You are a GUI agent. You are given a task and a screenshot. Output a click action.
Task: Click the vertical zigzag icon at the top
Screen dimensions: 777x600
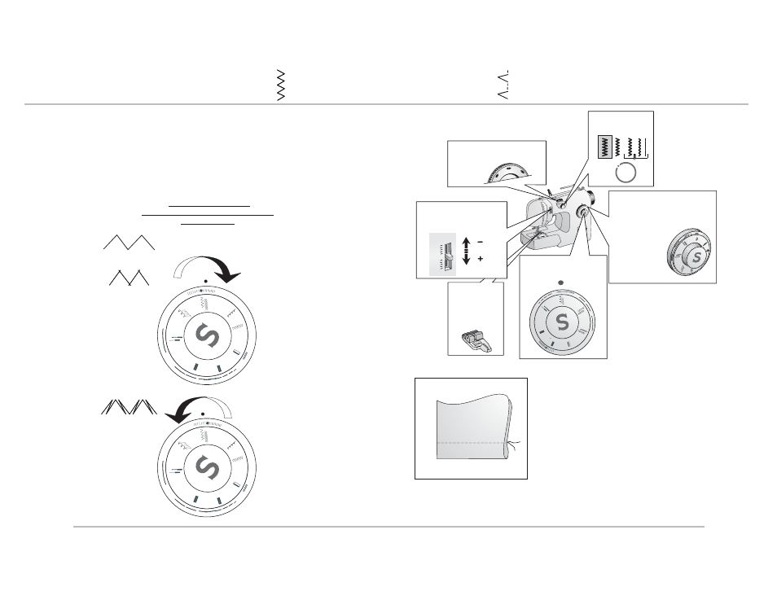point(281,85)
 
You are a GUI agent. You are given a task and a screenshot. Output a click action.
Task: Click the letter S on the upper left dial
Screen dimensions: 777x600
point(207,335)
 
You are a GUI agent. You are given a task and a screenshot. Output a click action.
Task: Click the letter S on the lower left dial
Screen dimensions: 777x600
point(207,468)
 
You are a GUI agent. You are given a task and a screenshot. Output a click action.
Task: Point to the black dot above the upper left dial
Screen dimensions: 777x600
point(205,281)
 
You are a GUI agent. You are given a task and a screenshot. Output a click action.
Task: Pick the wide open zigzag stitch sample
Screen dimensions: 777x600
point(129,242)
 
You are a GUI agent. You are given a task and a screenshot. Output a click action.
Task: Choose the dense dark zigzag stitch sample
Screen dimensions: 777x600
point(129,406)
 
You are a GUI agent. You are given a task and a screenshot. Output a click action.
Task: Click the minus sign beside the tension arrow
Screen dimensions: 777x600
point(480,242)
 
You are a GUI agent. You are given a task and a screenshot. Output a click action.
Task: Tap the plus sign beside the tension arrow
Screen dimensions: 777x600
point(481,259)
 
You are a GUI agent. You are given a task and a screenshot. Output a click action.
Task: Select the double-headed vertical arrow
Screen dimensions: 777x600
point(466,251)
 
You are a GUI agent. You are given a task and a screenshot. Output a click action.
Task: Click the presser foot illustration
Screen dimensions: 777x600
point(476,341)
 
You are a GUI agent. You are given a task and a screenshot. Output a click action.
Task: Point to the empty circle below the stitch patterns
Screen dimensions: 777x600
point(626,173)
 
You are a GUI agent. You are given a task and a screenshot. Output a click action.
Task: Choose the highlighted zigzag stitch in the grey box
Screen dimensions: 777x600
point(605,147)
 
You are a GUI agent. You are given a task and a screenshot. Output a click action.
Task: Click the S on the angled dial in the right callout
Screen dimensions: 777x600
point(696,256)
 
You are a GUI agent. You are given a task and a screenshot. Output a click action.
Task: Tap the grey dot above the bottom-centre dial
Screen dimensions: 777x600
point(561,283)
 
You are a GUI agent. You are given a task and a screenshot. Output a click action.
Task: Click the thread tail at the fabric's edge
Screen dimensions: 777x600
point(514,444)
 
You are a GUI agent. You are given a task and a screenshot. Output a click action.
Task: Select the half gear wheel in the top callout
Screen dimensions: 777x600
point(508,173)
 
